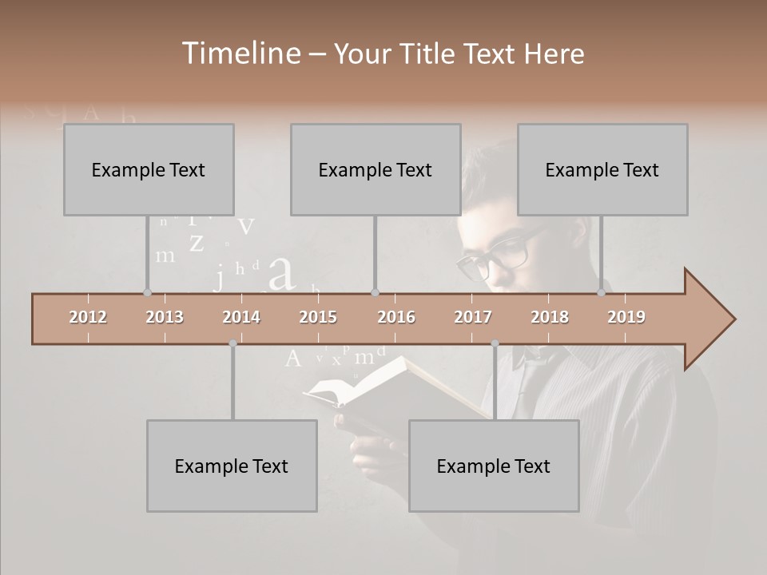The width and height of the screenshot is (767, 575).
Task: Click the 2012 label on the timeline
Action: [x=88, y=317]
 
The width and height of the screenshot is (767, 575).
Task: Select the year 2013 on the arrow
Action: [x=165, y=317]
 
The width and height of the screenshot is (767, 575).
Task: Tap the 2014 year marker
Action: [x=241, y=317]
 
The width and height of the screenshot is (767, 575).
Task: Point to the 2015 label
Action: [x=318, y=317]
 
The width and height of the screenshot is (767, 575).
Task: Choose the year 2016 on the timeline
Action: [x=396, y=317]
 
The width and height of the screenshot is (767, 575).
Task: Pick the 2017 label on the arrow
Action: [x=473, y=317]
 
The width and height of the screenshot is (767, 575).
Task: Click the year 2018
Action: [x=550, y=317]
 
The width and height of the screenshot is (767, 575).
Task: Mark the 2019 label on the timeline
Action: [x=626, y=317]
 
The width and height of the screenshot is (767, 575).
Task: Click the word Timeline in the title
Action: [x=240, y=54]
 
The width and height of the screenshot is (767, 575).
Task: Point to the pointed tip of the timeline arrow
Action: [x=733, y=319]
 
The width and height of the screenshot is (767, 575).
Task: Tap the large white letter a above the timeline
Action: [x=281, y=273]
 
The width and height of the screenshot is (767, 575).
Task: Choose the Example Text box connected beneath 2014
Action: [x=232, y=466]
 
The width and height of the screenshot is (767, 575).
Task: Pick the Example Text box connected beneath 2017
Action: [x=494, y=466]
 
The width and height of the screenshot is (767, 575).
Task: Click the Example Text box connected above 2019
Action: [x=602, y=169]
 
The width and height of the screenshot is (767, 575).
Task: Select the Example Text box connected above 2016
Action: [x=376, y=169]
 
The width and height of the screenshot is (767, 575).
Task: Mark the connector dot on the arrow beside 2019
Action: [x=602, y=293]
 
